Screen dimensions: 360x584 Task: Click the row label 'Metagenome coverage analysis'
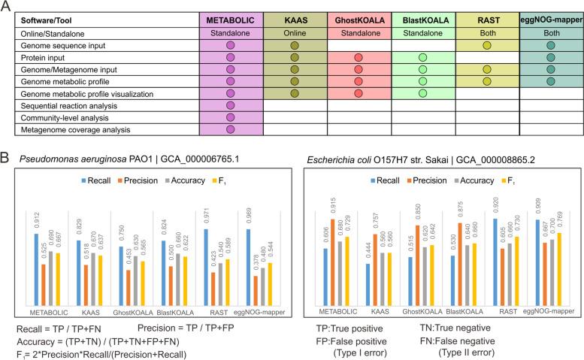coord(74,130)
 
